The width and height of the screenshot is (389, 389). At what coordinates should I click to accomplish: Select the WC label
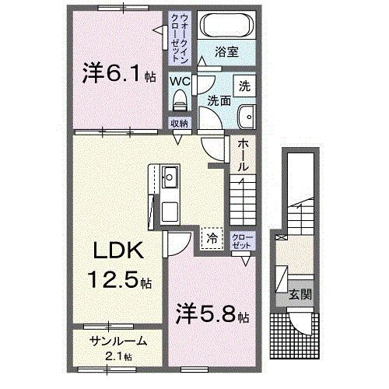(x=180, y=80)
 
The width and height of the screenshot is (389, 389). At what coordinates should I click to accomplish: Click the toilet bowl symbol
(x=180, y=99)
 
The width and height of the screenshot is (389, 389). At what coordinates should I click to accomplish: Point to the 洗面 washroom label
(x=219, y=100)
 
